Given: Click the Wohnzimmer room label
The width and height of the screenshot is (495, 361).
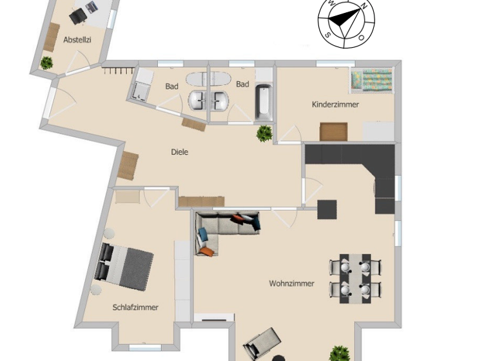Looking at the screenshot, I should point(292,283).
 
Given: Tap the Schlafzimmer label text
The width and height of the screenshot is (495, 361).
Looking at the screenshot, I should point(135,307).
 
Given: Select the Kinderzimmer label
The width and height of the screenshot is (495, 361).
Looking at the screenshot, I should point(335,104).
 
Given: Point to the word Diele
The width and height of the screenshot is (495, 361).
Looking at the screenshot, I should point(180,152).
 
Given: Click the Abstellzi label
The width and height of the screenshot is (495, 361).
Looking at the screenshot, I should point(77,40).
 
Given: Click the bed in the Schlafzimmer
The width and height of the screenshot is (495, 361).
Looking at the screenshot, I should point(125,265).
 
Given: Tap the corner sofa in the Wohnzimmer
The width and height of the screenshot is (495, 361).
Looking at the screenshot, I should point(219,229).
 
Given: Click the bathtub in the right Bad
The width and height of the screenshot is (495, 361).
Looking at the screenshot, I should point(263,102).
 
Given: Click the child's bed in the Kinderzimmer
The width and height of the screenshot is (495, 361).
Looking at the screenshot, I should point(371,81).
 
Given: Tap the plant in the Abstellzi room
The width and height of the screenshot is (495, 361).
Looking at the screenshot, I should point(46,63).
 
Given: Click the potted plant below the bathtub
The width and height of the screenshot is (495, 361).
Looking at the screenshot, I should point(264,133).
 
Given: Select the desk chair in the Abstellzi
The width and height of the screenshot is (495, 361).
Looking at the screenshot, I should point(79,15).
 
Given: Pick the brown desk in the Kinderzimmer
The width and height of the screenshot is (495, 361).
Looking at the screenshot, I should point(333,131).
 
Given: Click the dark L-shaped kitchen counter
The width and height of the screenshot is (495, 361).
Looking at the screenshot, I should point(361,161).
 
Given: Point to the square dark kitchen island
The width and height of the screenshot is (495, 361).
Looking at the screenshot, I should point(327,210).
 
